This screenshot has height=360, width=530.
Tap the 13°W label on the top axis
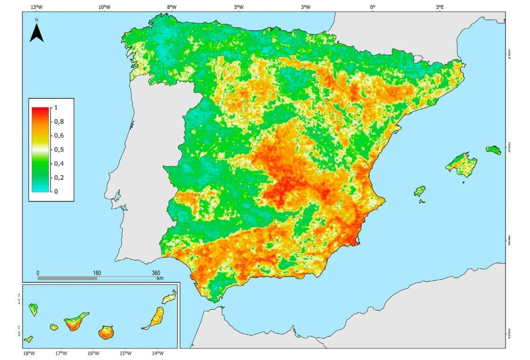(x=36, y=7)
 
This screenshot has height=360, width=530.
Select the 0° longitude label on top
(x=372, y=7)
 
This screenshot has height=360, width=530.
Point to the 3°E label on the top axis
(x=440, y=7)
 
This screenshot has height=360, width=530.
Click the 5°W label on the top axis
(x=238, y=7)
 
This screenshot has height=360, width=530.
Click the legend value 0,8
(x=59, y=122)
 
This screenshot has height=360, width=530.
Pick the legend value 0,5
(x=59, y=150)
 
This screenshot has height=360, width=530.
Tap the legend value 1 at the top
(x=56, y=108)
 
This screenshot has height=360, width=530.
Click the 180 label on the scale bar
(x=97, y=273)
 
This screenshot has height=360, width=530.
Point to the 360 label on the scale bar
(x=156, y=273)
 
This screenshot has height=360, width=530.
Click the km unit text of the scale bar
(x=160, y=278)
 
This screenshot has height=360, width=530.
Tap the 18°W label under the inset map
(x=29, y=353)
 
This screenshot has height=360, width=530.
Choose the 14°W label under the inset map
(x=158, y=353)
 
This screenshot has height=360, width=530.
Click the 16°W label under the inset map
(x=93, y=353)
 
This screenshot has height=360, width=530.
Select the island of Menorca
(x=494, y=150)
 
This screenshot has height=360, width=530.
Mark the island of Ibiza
(x=420, y=191)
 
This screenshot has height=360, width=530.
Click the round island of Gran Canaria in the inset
(x=106, y=332)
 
